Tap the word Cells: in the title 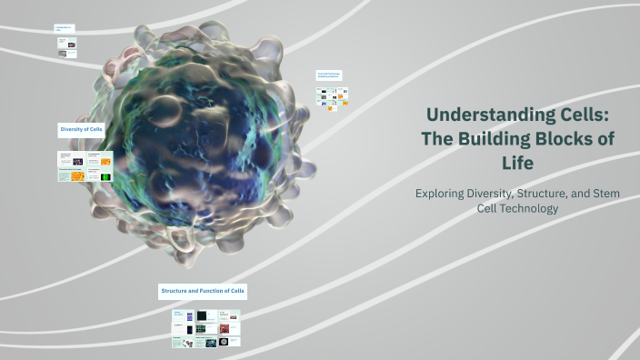[x=571, y=115]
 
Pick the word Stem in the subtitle [x=604, y=193]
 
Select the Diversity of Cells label [x=82, y=130]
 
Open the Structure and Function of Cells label [x=203, y=291]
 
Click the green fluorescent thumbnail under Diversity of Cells [x=105, y=176]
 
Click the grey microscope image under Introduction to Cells [x=63, y=54]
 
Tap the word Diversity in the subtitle [x=499, y=193]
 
